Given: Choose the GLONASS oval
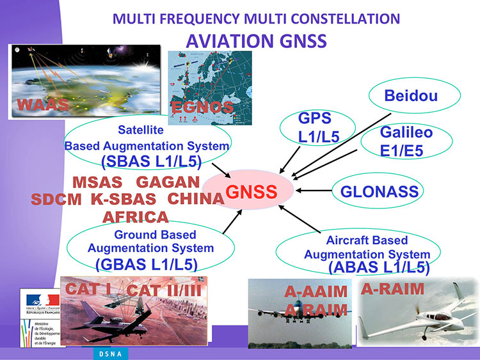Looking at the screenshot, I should (380, 191).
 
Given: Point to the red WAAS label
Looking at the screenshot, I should (44, 105).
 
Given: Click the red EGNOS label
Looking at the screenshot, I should (202, 107).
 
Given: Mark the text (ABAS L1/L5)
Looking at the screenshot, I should (378, 268).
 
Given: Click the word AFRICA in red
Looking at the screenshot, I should (136, 217).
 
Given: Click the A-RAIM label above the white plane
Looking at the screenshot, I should (392, 289).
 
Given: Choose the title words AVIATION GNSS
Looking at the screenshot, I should (256, 41).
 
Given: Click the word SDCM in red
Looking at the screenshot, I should (56, 199).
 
